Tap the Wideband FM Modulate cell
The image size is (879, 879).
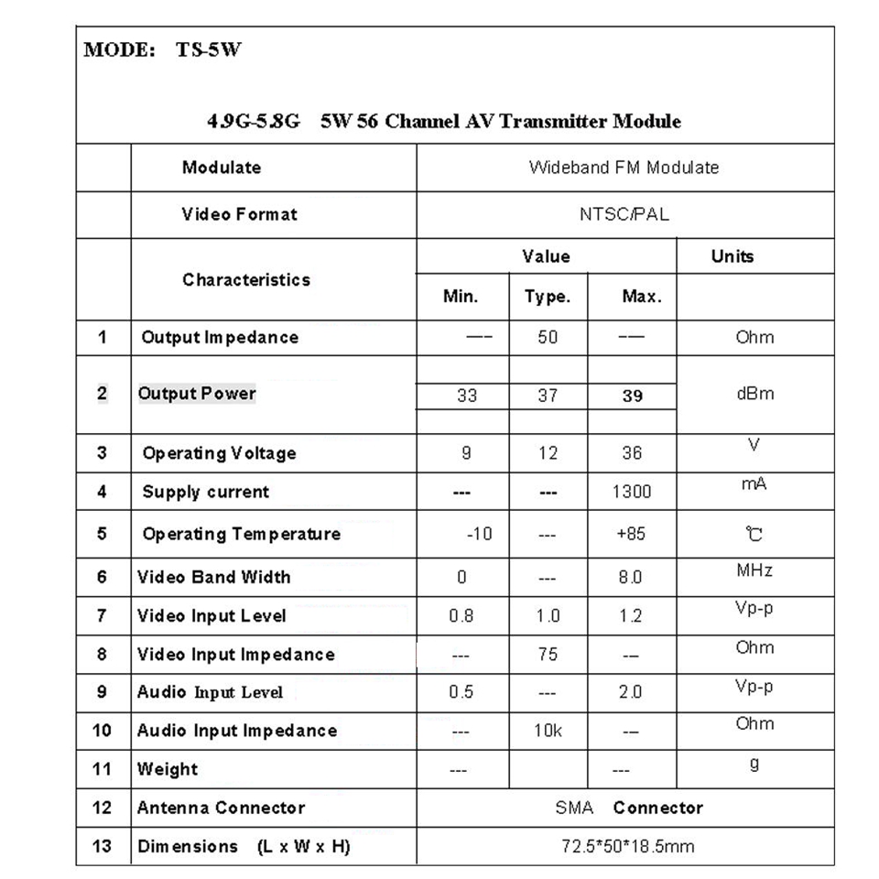coord(624,168)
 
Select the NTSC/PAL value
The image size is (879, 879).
coord(624,215)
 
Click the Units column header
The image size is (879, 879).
coord(732,256)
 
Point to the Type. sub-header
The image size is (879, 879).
coord(547,297)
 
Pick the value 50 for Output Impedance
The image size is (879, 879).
coord(548,337)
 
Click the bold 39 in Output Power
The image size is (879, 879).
coord(632,396)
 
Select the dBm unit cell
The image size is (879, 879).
coord(754,394)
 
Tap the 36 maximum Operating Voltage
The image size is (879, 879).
coord(631,453)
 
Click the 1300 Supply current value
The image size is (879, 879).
coord(631,492)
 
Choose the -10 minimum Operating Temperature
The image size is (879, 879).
coord(479,534)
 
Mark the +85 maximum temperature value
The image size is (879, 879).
coord(631,534)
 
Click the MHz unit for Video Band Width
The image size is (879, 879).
coord(754,571)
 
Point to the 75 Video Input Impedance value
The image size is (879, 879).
coord(548,654)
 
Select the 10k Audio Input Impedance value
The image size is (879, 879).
coord(547,731)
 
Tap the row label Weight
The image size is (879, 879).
coord(168,769)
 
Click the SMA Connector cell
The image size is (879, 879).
coord(629,808)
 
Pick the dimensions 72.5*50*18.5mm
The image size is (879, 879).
coord(628,847)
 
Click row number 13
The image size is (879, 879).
coord(102,847)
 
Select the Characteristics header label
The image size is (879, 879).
coord(246,280)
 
